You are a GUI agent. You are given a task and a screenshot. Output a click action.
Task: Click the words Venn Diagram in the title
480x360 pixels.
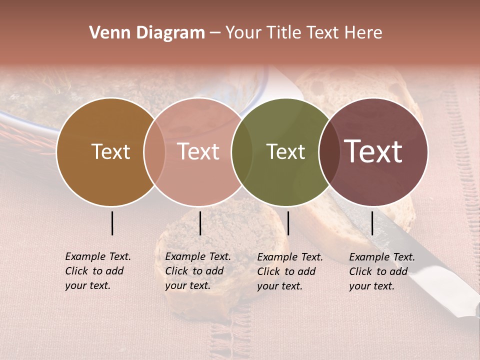click(147, 33)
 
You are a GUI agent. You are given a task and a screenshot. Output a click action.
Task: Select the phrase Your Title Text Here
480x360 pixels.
click(303, 33)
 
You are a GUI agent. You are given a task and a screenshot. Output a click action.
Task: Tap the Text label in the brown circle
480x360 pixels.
click(110, 151)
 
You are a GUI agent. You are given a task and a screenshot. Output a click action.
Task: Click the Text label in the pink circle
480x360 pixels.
click(198, 151)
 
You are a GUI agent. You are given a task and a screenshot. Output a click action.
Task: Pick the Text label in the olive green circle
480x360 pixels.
click(286, 151)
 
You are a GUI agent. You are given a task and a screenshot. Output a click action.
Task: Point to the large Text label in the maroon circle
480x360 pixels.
click(373, 151)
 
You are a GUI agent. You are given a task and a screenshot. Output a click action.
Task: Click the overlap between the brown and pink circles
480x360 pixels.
click(154, 151)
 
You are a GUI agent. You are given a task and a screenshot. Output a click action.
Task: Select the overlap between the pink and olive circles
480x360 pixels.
click(242, 151)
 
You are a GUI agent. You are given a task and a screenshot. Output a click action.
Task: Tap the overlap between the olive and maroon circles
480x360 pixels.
click(329, 151)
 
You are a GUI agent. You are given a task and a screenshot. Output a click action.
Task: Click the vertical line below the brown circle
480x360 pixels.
click(112, 223)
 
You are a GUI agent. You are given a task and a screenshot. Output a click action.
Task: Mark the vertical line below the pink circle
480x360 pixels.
click(200, 223)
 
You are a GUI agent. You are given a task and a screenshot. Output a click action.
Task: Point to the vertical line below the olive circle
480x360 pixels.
click(288, 223)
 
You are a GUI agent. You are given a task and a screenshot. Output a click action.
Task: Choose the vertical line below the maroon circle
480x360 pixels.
click(372, 223)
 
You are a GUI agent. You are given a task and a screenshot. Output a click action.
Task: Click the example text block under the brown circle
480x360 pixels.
click(98, 271)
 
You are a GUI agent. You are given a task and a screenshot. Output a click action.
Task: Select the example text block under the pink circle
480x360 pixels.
click(198, 271)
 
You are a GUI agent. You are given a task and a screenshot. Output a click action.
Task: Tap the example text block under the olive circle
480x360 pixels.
click(290, 271)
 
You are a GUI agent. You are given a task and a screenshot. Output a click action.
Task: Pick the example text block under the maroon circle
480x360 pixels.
click(382, 271)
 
